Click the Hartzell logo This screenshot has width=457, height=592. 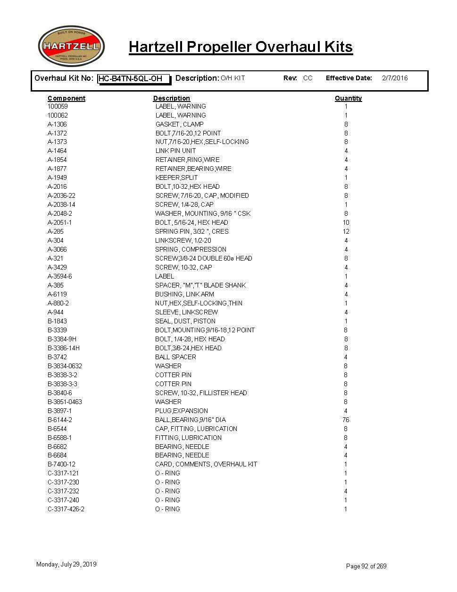tap(71, 46)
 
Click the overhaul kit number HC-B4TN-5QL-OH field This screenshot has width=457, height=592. tap(133, 79)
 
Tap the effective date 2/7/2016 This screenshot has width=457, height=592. tap(395, 78)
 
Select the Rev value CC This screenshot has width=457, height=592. tap(308, 78)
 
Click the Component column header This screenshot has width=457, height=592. tap(66, 98)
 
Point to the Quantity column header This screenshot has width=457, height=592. tap(348, 98)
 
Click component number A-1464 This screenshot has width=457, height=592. tap(57, 151)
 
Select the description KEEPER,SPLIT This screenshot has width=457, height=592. tap(176, 178)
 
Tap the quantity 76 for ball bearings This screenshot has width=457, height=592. tap(346, 420)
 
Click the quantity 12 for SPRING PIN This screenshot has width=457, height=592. tap(346, 232)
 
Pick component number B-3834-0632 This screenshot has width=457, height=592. tap(65, 366)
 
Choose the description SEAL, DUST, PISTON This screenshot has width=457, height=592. tap(185, 321)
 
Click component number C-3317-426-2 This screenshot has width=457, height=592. tap(66, 509)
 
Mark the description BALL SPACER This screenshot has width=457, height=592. tap(175, 357)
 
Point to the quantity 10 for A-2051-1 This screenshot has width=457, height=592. tap(346, 223)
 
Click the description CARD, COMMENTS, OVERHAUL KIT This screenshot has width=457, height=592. tap(206, 465)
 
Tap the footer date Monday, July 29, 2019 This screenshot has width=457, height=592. tap(66, 564)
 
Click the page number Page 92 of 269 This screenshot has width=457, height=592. tap(366, 566)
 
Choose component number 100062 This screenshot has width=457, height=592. tap(58, 115)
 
